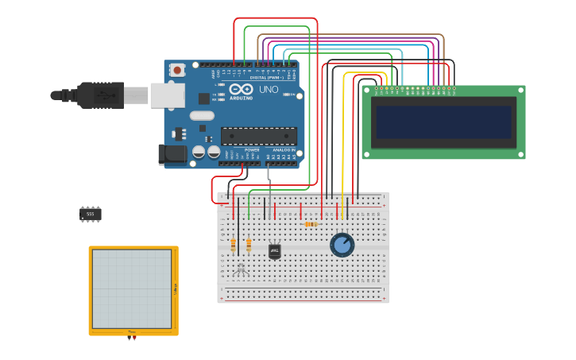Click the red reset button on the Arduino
coord(176,70)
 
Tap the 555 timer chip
coord(90,214)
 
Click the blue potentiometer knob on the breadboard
coord(342,245)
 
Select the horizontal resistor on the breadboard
coord(311,224)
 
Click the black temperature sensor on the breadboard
coord(275,251)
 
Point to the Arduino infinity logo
coord(242,89)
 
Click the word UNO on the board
coord(269,90)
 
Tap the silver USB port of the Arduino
coord(167,95)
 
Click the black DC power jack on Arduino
coord(172,154)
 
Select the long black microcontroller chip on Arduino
coord(258,136)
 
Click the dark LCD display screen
coord(444,122)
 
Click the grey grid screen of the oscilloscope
coord(131,288)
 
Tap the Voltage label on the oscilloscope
coord(175,289)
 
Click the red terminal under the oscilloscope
coord(134,339)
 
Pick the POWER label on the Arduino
coord(252,149)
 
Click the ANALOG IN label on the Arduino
coord(284,149)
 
